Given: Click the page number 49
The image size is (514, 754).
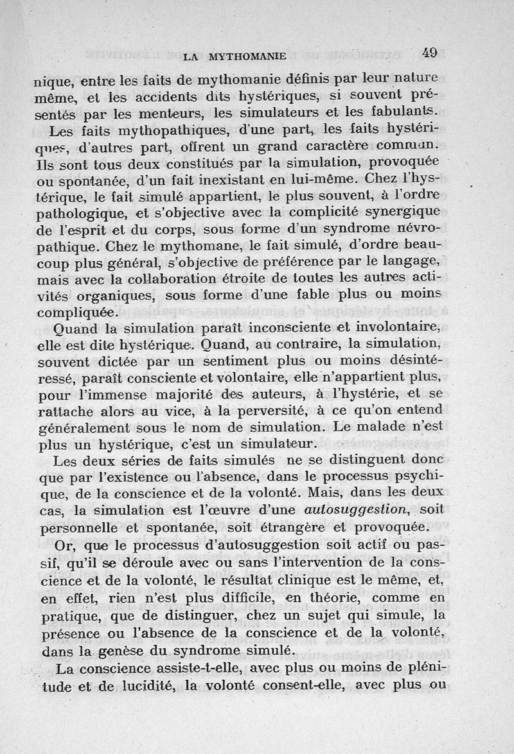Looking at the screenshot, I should click(426, 53).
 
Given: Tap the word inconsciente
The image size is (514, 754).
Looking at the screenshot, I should click(287, 330).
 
